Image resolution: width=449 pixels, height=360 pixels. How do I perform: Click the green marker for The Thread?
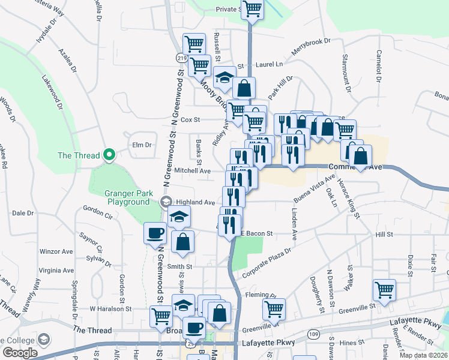pyautogui.click(x=109, y=155)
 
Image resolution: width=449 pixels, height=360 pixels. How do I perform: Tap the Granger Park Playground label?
pyautogui.click(x=127, y=197)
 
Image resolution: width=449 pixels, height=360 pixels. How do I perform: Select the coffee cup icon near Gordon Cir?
pyautogui.click(x=155, y=233)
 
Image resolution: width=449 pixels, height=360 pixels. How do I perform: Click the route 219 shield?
pyautogui.click(x=181, y=58)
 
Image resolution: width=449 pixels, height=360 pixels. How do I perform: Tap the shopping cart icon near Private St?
pyautogui.click(x=252, y=9)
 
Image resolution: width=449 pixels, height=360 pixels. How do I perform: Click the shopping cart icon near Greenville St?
pyautogui.click(x=384, y=290)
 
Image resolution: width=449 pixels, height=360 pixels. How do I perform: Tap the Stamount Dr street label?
pyautogui.click(x=347, y=74)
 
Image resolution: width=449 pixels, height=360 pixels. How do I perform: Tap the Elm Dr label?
pyautogui.click(x=140, y=145)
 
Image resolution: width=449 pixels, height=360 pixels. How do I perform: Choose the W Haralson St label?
pyautogui.click(x=110, y=308)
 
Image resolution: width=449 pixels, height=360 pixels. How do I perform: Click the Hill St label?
pyautogui.click(x=384, y=235)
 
